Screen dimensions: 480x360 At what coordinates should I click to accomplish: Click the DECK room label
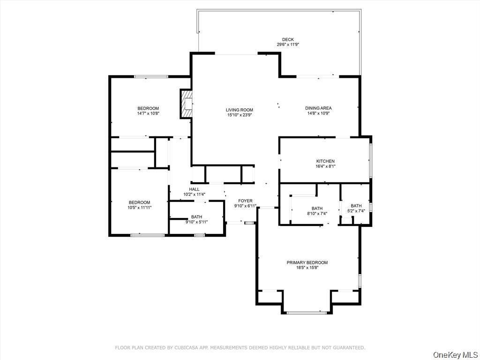[x=288, y=39]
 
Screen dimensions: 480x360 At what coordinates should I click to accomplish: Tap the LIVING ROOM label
[x=240, y=110]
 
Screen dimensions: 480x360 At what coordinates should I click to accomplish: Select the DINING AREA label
[x=318, y=108]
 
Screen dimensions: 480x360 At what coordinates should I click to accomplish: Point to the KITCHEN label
[x=325, y=161]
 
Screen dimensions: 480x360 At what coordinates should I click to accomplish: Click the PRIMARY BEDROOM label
[x=307, y=262]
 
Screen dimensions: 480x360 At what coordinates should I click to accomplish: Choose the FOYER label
[x=245, y=201]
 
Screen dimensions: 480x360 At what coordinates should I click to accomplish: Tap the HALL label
[x=194, y=189]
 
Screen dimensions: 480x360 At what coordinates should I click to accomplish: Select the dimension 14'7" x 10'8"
[x=148, y=113]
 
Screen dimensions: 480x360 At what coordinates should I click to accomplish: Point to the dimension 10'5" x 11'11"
[x=140, y=207]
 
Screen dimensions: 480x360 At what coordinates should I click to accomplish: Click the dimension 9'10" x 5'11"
[x=196, y=222]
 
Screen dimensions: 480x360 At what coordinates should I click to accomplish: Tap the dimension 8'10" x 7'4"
[x=317, y=213]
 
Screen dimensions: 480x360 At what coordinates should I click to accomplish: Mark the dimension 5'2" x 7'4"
[x=356, y=211]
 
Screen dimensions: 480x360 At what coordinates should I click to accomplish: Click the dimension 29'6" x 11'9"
[x=288, y=45]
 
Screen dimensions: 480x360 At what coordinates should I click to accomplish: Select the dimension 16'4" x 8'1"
[x=325, y=166]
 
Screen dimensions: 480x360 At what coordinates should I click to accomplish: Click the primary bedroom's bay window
[x=307, y=313]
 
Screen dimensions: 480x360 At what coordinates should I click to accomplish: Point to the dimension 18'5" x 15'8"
[x=307, y=268]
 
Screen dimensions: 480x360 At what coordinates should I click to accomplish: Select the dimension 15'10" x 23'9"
[x=240, y=115]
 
